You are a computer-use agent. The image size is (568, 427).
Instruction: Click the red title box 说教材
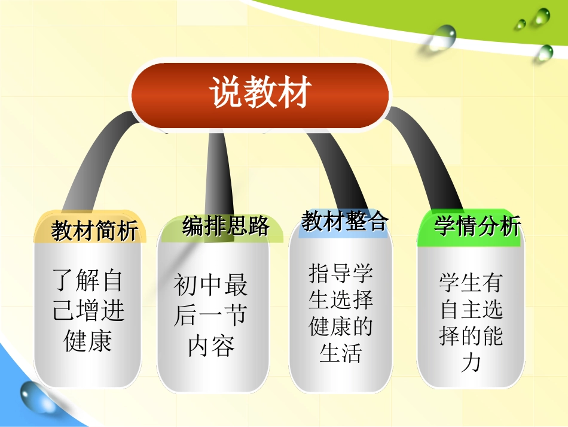259,95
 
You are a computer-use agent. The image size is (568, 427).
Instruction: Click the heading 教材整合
344,222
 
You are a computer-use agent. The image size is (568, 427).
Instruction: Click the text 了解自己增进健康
88,311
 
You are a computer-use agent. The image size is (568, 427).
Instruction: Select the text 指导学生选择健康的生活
341,313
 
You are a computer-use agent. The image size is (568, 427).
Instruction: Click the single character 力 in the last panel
471,362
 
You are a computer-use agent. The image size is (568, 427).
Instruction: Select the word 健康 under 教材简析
88,341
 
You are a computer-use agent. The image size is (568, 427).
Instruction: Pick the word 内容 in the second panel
210,346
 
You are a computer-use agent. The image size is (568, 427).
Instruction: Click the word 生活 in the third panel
341,353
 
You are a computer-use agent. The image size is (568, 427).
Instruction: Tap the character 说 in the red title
225,95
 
